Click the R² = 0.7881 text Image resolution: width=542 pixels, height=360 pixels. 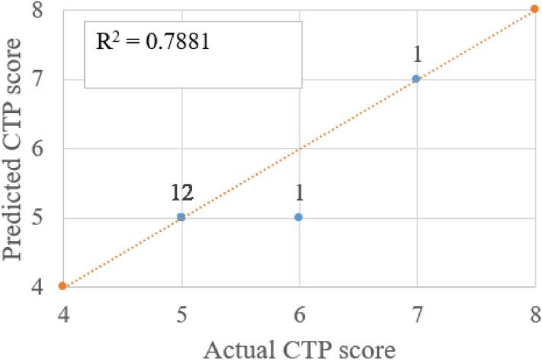[x=152, y=40]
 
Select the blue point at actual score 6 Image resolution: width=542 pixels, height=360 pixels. [x=299, y=217]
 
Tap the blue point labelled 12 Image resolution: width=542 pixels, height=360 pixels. [x=181, y=217]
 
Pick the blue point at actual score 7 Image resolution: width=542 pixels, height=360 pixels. [x=416, y=79]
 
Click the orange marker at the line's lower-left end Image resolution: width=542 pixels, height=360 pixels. [x=63, y=286]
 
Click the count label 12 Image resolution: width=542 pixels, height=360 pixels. [x=181, y=194]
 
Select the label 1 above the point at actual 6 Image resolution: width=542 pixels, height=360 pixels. [x=299, y=194]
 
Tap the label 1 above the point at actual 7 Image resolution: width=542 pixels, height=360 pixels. [x=416, y=56]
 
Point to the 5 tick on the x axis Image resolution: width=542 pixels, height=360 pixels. [x=181, y=313]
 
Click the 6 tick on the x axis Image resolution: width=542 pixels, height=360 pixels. [x=299, y=313]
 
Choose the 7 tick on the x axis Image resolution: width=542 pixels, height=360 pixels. [x=416, y=313]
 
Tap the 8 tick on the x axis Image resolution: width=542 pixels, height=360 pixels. [x=534, y=313]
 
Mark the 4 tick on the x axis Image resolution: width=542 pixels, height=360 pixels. [x=63, y=313]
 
